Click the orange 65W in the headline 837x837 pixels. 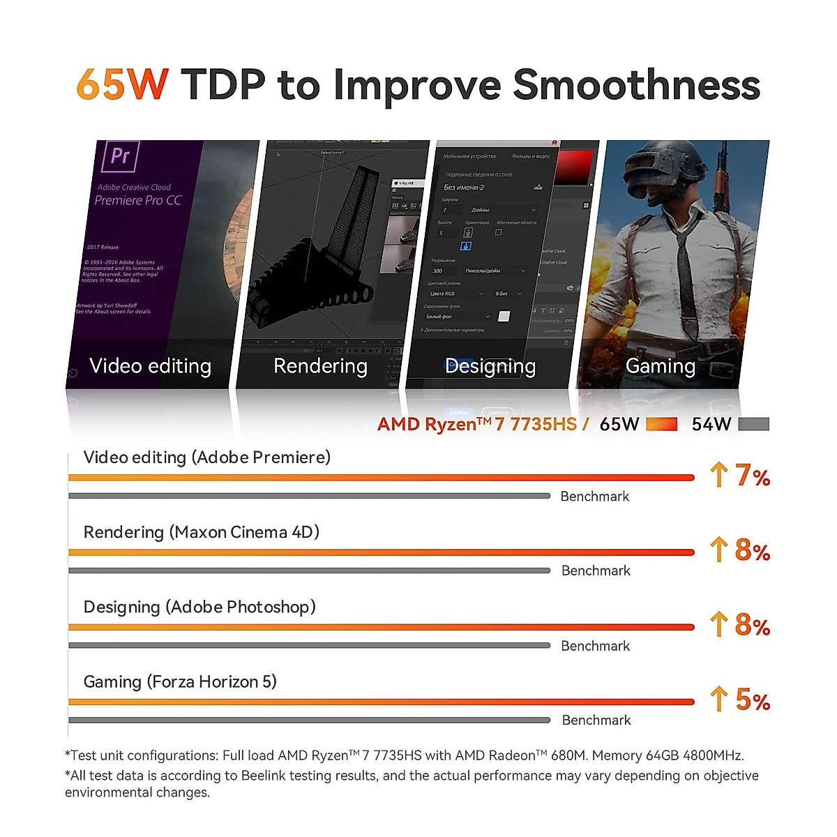(x=122, y=84)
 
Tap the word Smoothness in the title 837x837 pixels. (x=636, y=84)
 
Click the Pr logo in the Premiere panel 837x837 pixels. (x=121, y=156)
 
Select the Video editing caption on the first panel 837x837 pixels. (x=150, y=365)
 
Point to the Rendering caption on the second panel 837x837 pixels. (x=320, y=365)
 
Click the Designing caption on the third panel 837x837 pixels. (x=490, y=365)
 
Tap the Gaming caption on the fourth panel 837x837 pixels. (x=661, y=365)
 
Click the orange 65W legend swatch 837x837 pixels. (x=661, y=424)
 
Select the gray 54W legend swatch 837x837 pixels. (x=753, y=424)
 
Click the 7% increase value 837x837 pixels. (x=752, y=476)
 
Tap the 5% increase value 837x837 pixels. (x=753, y=700)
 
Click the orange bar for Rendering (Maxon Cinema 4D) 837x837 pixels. (x=381, y=552)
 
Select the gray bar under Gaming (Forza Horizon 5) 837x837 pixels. (x=309, y=720)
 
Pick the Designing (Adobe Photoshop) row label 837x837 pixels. (x=199, y=607)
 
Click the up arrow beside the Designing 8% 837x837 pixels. (x=718, y=624)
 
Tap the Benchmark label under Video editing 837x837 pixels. (x=595, y=497)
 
